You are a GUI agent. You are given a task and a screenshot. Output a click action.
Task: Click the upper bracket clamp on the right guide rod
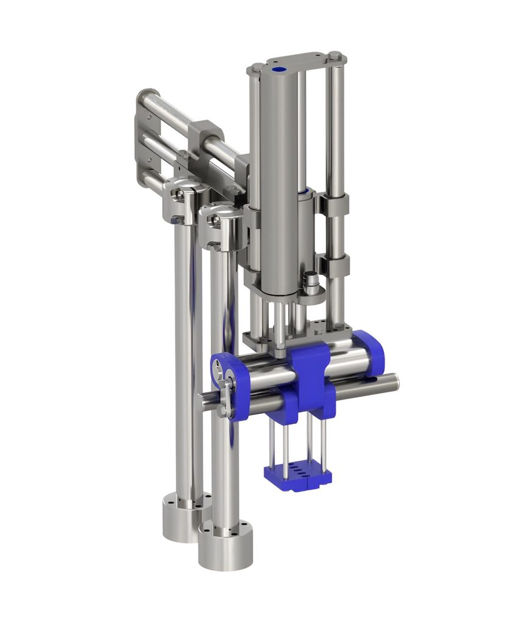[x=334, y=205]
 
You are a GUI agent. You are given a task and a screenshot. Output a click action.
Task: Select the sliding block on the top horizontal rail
[x=205, y=137]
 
